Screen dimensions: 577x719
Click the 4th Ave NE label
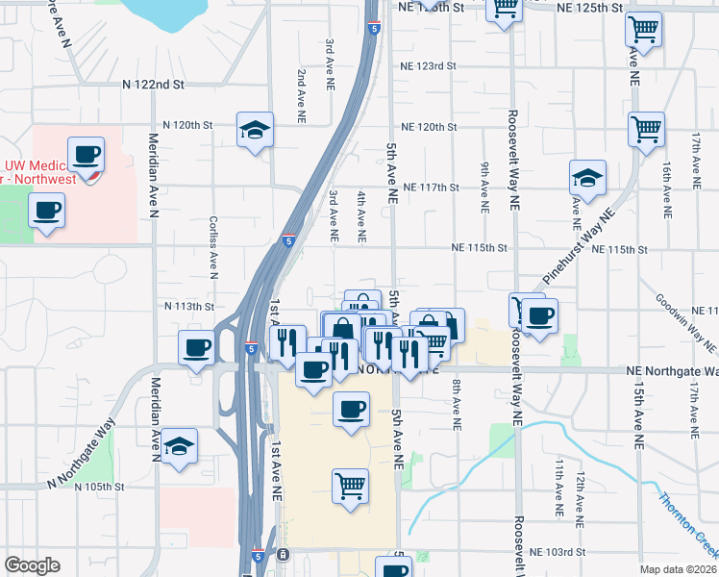pyautogui.click(x=361, y=215)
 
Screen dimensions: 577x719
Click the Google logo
pyautogui.click(x=32, y=565)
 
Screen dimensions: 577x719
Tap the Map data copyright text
pyautogui.click(x=678, y=569)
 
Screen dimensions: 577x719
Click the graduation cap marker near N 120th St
pyautogui.click(x=255, y=130)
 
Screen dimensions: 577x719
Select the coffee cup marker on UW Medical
pyautogui.click(x=87, y=155)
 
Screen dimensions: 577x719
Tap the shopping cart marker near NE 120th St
pyautogui.click(x=647, y=128)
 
